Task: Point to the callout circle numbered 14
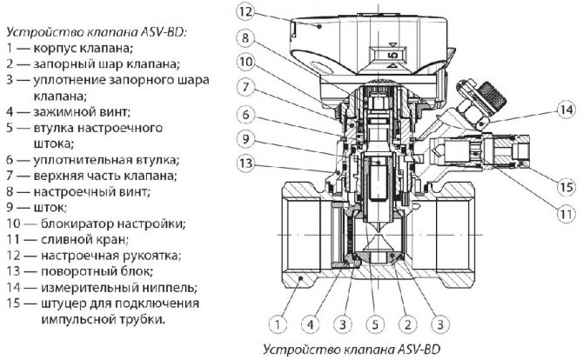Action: [x=566, y=110]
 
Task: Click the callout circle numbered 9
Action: [x=246, y=137]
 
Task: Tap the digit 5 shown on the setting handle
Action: [x=391, y=56]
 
